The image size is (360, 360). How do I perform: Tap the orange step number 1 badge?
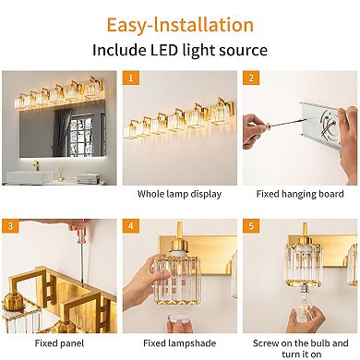[132, 79]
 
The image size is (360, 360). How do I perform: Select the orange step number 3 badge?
[10, 225]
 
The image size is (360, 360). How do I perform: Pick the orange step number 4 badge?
[132, 225]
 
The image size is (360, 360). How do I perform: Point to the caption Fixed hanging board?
[299, 194]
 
